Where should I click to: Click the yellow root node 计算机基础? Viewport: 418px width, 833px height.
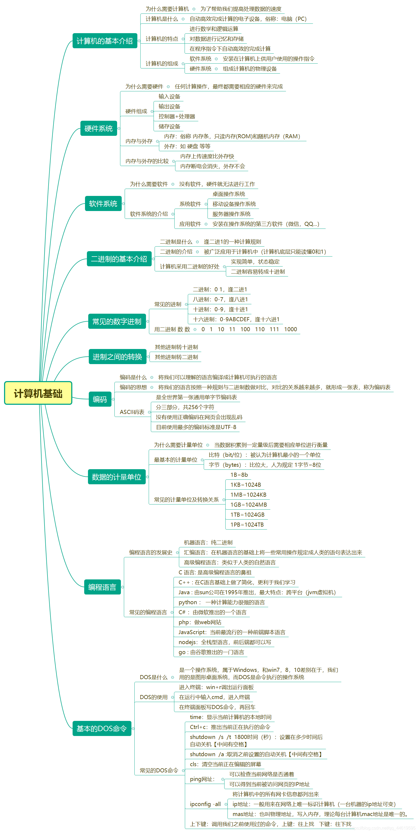(x=38, y=393)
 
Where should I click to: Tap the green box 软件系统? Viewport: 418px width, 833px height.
(x=103, y=204)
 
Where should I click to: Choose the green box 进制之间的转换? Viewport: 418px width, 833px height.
(x=117, y=357)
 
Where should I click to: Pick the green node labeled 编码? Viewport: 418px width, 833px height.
(x=100, y=399)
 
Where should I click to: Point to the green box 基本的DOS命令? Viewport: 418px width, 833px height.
(x=102, y=728)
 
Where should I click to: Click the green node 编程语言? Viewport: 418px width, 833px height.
(x=102, y=587)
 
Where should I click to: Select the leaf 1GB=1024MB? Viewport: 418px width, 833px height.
(x=248, y=504)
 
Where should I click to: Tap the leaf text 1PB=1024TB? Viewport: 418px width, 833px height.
(x=247, y=524)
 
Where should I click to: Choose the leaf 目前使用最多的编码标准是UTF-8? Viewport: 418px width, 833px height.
(x=196, y=427)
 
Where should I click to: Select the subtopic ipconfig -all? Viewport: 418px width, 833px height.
(x=205, y=804)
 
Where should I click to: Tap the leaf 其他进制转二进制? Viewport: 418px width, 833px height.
(x=176, y=357)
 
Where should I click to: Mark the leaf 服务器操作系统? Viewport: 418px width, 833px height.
(x=231, y=214)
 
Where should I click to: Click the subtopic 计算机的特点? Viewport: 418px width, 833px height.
(x=162, y=39)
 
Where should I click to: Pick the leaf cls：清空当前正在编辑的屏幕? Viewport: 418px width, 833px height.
(x=225, y=764)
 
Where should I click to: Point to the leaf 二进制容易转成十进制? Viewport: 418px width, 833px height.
(x=258, y=272)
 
